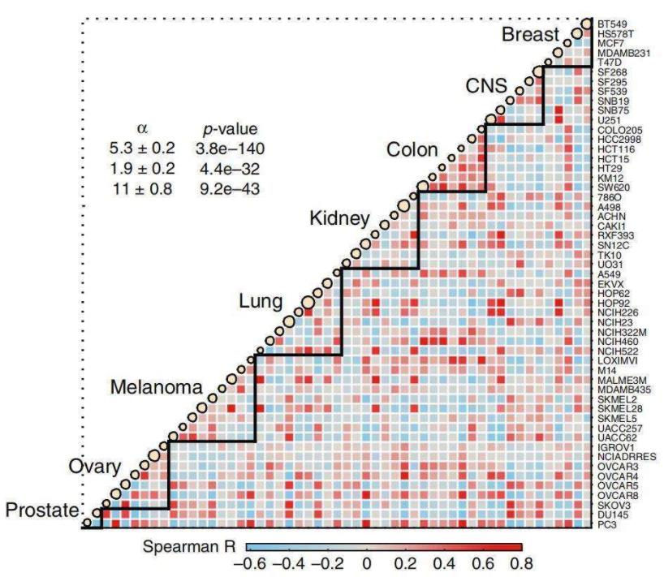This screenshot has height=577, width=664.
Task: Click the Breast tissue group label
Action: click(x=530, y=35)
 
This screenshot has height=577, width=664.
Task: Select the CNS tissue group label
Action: click(x=486, y=86)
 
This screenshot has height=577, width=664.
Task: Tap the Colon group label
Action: click(x=412, y=150)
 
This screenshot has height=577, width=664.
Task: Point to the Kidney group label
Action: click(x=340, y=218)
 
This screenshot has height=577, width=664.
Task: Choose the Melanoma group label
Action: click(x=156, y=387)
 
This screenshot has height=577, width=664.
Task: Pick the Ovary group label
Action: click(x=94, y=467)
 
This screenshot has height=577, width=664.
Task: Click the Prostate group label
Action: click(x=43, y=510)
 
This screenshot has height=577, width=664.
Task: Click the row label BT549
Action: click(x=612, y=24)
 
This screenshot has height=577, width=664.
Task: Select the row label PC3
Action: click(x=606, y=525)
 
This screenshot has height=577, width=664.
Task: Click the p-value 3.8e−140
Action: click(x=231, y=148)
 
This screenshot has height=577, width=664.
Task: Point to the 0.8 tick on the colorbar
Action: click(x=520, y=562)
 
